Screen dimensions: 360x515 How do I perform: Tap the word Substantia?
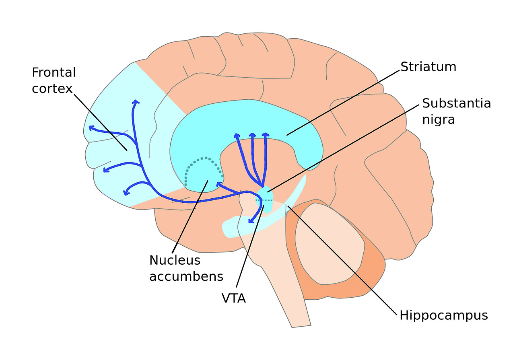tap(456, 103)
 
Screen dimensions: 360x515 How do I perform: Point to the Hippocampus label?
tap(443, 315)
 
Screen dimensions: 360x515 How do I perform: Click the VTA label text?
tap(233, 298)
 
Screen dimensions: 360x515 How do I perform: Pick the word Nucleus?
tap(175, 260)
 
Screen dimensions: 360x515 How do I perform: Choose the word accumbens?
tap(186, 276)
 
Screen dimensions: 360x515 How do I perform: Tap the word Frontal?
tap(54, 72)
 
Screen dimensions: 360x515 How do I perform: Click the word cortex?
tap(52, 88)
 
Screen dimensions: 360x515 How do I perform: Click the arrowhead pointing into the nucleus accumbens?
tap(219, 184)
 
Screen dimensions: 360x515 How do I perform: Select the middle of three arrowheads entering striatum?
tap(252, 135)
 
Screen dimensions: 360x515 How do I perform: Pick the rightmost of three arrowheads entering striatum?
tap(265, 134)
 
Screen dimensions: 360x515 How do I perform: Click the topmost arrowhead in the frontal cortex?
tap(136, 103)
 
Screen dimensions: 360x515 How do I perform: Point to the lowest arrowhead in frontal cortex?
tap(126, 192)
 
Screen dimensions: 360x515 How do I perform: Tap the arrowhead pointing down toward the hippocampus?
tap(250, 221)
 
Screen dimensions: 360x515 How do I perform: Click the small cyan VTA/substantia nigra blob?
tap(265, 197)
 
